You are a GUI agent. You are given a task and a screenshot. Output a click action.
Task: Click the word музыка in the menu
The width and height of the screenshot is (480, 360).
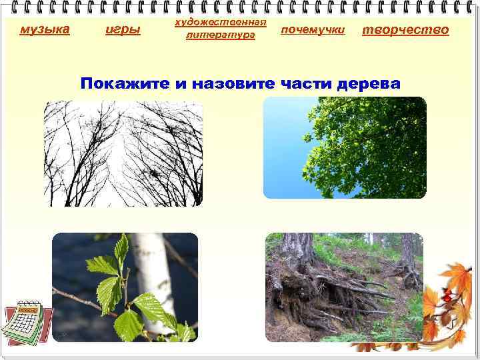45,29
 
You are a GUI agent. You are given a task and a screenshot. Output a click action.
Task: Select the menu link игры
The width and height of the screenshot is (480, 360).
123,29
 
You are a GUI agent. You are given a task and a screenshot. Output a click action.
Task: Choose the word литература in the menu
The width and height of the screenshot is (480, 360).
220,35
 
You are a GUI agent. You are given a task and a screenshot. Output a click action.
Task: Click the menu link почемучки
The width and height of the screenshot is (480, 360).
312,30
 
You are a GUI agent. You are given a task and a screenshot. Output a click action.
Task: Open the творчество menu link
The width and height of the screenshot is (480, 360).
405,29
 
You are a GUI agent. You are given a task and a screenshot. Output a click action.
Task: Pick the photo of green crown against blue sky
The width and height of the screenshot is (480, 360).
345,147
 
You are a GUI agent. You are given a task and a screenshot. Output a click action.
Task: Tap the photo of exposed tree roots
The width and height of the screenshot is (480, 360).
344,287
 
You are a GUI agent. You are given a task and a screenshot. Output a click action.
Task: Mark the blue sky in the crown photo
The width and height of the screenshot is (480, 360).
283,153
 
